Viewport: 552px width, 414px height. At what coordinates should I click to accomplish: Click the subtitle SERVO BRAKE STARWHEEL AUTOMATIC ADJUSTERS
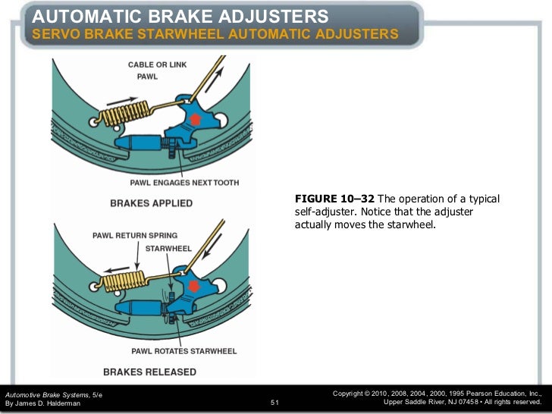point(214,35)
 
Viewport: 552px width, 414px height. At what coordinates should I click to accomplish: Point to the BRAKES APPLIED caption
point(151,203)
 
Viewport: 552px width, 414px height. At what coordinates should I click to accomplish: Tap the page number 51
point(275,403)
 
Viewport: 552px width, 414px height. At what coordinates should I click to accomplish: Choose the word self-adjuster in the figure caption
point(321,212)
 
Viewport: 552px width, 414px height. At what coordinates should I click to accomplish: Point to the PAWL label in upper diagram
point(147,77)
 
